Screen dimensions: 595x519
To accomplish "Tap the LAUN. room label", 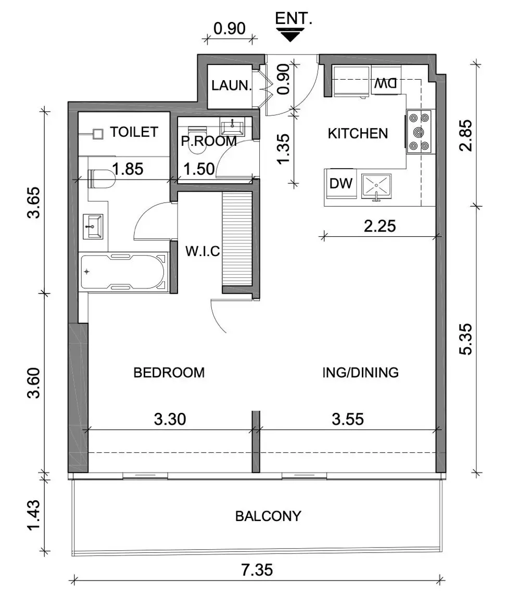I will click(231, 86).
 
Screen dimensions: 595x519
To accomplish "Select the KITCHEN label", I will click(358, 134).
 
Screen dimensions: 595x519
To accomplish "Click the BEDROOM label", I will click(169, 373).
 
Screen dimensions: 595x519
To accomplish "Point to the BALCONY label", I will click(268, 516).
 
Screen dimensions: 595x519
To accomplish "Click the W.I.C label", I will click(202, 251).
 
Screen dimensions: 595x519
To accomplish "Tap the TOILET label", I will click(134, 132).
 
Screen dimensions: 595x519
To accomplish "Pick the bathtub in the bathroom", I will click(124, 271).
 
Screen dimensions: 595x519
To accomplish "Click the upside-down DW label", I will click(386, 83).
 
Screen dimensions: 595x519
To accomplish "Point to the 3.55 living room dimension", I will click(348, 419).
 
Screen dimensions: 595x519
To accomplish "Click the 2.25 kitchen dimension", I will click(379, 225).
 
